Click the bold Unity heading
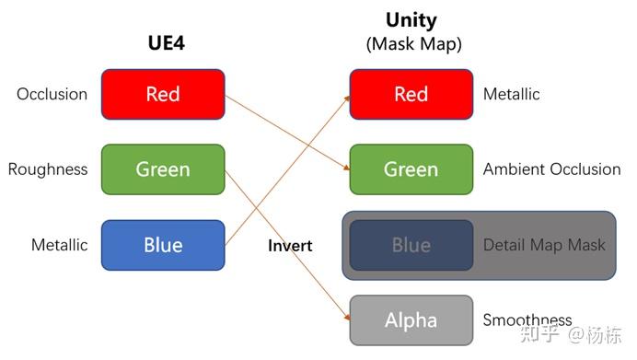pyautogui.click(x=411, y=20)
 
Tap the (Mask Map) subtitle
pyautogui.click(x=411, y=43)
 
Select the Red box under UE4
pyautogui.click(x=163, y=94)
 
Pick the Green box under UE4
pyautogui.click(x=163, y=169)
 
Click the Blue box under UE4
pyautogui.click(x=163, y=245)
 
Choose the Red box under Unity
pyautogui.click(x=411, y=94)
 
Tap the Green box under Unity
pyautogui.click(x=411, y=169)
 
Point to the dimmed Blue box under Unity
pyautogui.click(x=411, y=245)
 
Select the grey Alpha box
pyautogui.click(x=411, y=320)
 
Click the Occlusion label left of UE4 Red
pyautogui.click(x=52, y=94)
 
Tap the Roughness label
pyautogui.click(x=48, y=169)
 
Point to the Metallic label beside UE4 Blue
pyautogui.click(x=60, y=245)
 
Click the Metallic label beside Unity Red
pyautogui.click(x=512, y=94)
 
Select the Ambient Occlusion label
pyautogui.click(x=551, y=169)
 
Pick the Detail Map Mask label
pyautogui.click(x=544, y=245)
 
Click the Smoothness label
pyautogui.click(x=527, y=320)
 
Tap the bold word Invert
pyautogui.click(x=290, y=246)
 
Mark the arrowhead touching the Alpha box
pyautogui.click(x=346, y=317)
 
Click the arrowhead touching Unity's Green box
pyautogui.click(x=345, y=168)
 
